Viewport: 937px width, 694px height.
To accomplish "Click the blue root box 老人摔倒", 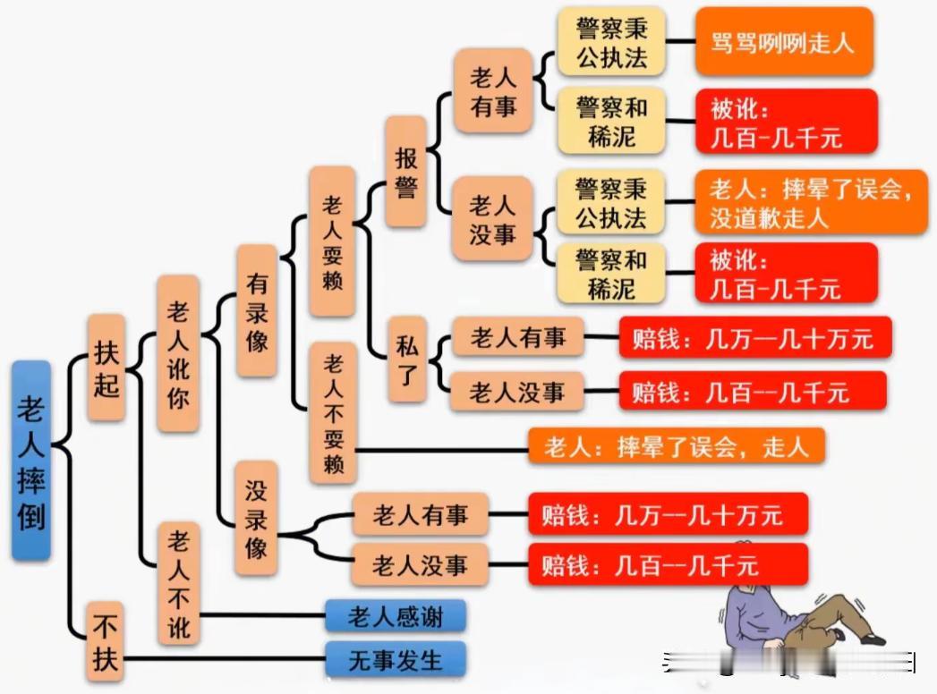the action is tap(31, 461).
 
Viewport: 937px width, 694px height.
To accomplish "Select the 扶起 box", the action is tap(106, 368).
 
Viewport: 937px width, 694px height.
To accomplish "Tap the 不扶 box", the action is tap(106, 642).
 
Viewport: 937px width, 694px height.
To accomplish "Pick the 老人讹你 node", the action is tap(177, 353).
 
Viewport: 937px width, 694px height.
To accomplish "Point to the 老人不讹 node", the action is tap(178, 583).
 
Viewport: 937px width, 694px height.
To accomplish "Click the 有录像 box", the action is tap(257, 311).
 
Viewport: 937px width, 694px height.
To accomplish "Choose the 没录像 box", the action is tap(256, 519).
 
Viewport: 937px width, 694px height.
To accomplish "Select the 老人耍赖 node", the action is tap(332, 241).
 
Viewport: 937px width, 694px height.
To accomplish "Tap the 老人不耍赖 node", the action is tap(334, 413).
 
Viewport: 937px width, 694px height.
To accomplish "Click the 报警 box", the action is tap(405, 172).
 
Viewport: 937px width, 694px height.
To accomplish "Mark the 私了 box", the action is tap(407, 360).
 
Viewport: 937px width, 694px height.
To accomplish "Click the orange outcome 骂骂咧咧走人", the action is tap(784, 42).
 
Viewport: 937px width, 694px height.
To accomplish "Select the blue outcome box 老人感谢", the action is tap(396, 616).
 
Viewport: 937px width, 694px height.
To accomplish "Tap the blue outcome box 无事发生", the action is tap(396, 659).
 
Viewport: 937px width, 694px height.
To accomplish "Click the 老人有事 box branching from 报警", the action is tap(493, 91).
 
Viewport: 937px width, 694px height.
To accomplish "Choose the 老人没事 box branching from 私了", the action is tap(517, 391).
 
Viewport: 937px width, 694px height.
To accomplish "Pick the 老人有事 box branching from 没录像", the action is tap(420, 514).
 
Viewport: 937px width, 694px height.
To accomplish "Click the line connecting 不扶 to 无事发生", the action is tap(225, 659).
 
